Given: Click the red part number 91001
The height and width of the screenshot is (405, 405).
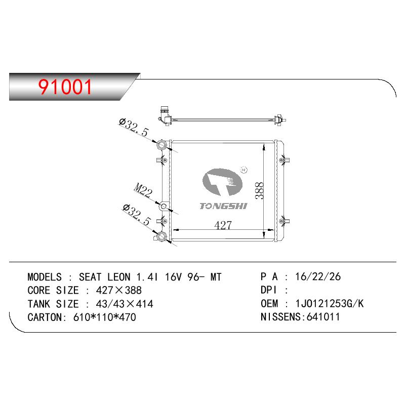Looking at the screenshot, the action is (65, 87).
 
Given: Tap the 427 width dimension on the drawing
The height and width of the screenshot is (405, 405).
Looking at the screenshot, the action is (223, 225).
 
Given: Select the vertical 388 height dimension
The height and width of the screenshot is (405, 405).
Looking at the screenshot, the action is (259, 191).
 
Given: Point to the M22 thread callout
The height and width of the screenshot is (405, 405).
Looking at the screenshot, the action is (143, 190).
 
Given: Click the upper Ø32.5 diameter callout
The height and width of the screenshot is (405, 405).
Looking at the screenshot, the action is (134, 128).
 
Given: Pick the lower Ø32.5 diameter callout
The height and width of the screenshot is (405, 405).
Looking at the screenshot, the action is (137, 215).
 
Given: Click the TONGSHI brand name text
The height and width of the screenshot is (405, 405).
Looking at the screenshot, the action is (223, 206).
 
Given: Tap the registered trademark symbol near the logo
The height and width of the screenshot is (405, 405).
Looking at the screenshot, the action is (244, 170).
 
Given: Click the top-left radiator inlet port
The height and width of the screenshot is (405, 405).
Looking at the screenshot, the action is (161, 144).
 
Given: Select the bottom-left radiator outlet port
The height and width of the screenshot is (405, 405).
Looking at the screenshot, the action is (162, 236).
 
